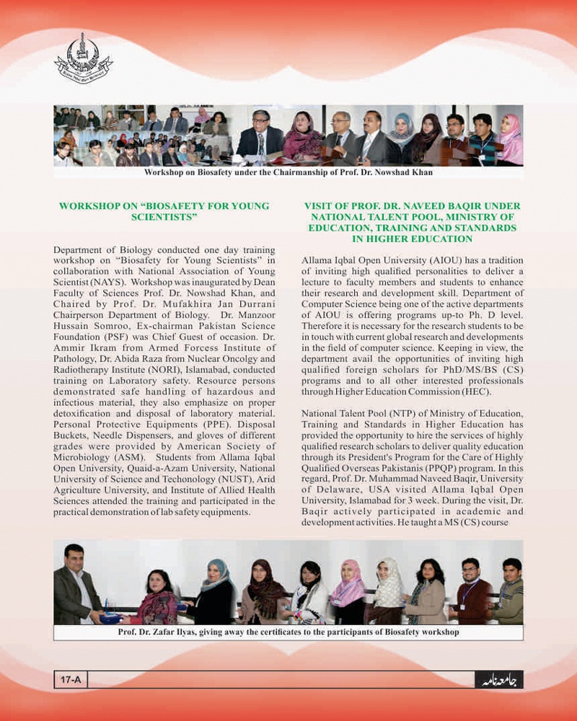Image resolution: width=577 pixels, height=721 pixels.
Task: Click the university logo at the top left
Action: (83, 58)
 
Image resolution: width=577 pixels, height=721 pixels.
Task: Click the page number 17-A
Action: (69, 680)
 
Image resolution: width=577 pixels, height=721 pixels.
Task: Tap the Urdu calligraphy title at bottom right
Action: (498, 679)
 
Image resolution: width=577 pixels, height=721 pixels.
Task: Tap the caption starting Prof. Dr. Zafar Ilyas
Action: (288, 632)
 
